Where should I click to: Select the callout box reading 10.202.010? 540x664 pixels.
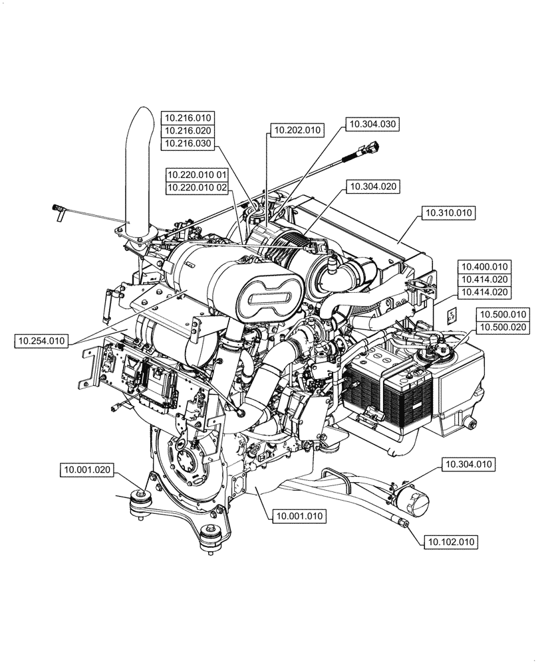(x=296, y=130)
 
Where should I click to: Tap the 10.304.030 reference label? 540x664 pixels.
(x=372, y=124)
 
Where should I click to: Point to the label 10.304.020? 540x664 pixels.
(x=372, y=187)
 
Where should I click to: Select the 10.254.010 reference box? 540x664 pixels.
(x=41, y=341)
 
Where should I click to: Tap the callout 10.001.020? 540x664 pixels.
(x=86, y=470)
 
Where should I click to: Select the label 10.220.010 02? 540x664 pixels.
(x=198, y=188)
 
